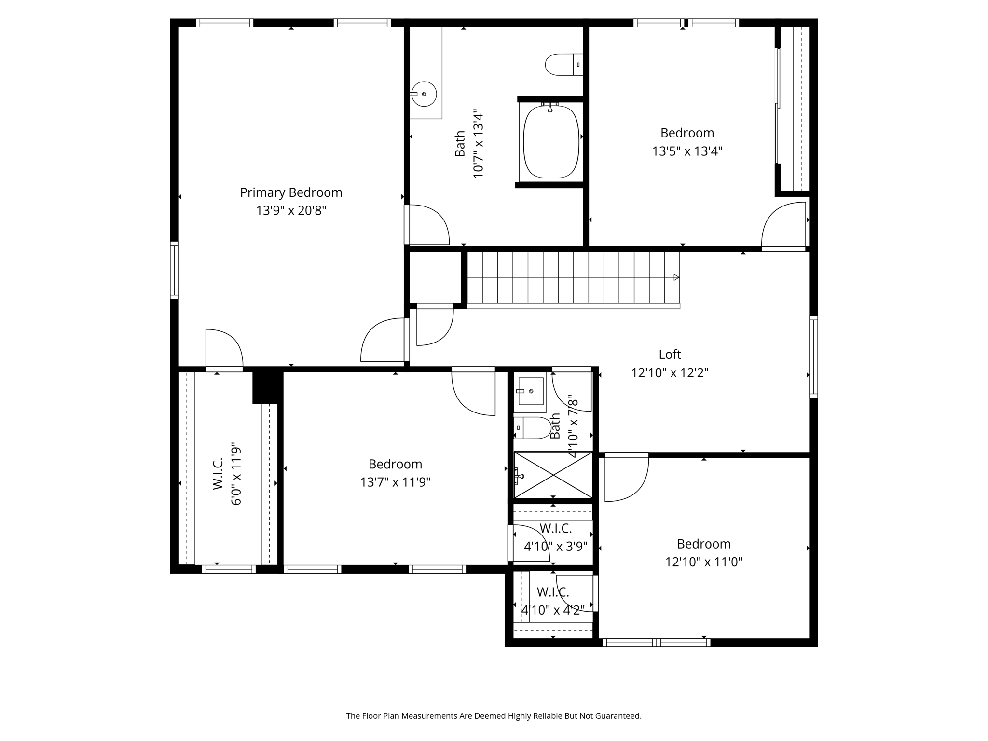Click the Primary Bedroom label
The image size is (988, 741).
[x=291, y=192]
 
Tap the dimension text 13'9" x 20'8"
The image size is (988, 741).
[x=291, y=211]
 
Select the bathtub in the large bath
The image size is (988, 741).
[x=551, y=141]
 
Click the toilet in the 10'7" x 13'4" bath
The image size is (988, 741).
[x=563, y=65]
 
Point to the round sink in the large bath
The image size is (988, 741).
[x=425, y=94]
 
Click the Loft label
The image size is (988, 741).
[x=670, y=355]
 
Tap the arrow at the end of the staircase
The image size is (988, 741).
[x=676, y=277]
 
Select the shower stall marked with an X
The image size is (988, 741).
[x=553, y=475]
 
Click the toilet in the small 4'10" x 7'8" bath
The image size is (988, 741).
[x=534, y=428]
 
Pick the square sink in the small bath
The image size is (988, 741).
[x=530, y=391]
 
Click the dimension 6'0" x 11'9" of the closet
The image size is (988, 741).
[x=236, y=474]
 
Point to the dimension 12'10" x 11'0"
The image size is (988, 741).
[x=703, y=562]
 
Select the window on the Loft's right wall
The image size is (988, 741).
[x=813, y=357]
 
